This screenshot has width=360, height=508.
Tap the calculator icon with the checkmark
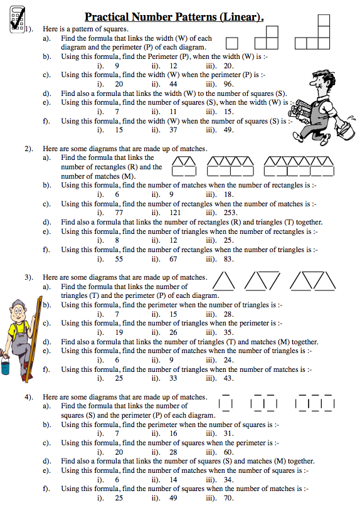point(17,19)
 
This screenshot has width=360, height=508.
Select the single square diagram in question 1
point(231,43)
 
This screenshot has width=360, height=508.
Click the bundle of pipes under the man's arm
point(299,111)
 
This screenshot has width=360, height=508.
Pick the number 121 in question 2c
point(175,213)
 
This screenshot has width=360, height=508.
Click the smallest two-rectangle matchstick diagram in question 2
point(184,166)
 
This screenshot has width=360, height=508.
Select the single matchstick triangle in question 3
point(223,281)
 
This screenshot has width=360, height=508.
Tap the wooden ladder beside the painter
point(34,339)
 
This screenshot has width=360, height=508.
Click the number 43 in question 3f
point(228,378)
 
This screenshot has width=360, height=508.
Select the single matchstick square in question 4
point(226,403)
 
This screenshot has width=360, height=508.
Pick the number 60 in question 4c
point(228,452)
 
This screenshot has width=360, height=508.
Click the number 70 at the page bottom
point(228,497)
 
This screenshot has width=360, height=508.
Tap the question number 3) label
point(29,277)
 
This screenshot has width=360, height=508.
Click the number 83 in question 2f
point(228,259)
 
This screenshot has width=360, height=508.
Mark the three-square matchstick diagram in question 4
point(315,403)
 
